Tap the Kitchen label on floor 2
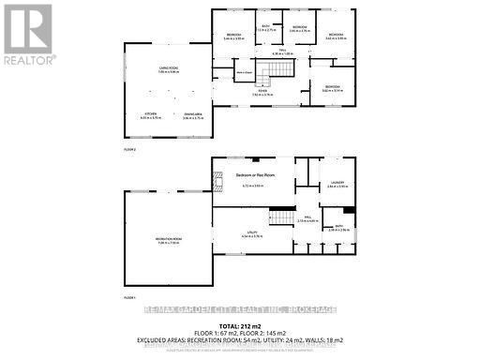[151, 115]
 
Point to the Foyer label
[256, 92]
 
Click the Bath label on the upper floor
[265, 27]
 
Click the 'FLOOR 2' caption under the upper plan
[130, 150]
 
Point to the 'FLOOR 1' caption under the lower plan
[130, 296]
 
